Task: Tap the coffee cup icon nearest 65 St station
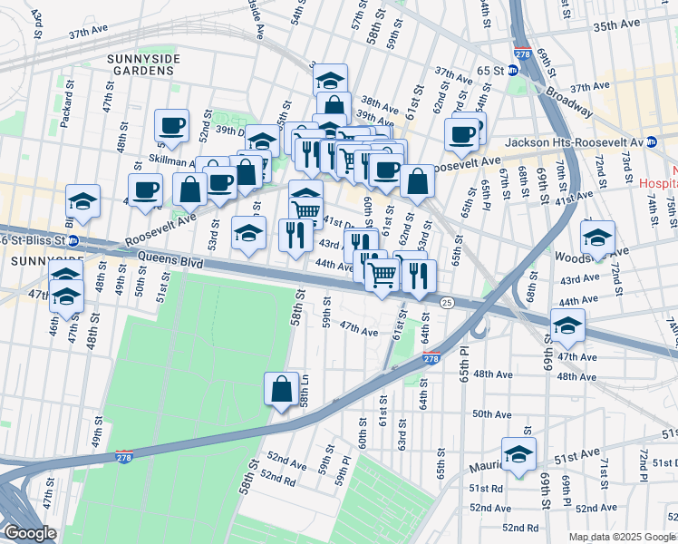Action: point(462,135)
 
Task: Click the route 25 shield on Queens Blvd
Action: point(446,302)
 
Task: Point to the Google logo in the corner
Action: point(30,533)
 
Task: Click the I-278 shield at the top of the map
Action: point(521,54)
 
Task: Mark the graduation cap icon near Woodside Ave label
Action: point(597,237)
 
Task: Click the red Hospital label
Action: point(659,181)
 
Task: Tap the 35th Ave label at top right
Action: point(617,27)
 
